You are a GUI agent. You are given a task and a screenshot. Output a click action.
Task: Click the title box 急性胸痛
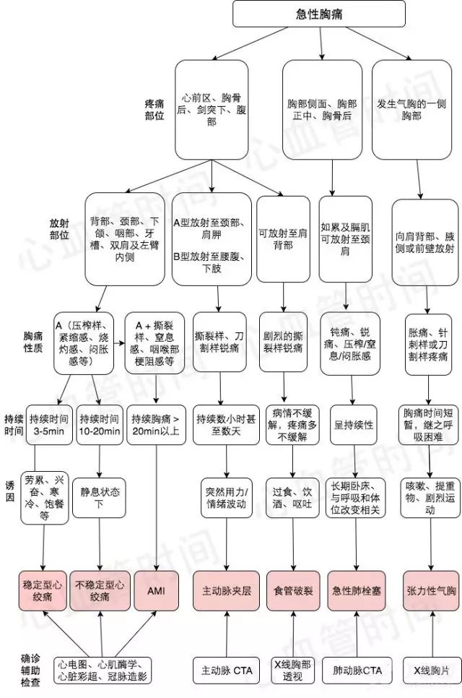[319, 14]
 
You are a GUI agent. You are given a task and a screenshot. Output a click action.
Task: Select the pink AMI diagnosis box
[156, 591]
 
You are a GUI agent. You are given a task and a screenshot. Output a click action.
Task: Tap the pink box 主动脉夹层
[227, 591]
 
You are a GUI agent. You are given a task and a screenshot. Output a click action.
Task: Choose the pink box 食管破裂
[293, 591]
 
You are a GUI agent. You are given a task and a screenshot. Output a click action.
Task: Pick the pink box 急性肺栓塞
[357, 591]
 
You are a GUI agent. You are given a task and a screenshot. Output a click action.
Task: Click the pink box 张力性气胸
[431, 591]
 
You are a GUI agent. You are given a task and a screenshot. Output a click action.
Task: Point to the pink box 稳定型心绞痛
[43, 591]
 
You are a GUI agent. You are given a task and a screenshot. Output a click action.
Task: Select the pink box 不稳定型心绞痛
[100, 591]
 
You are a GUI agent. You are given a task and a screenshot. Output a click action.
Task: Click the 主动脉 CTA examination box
[227, 671]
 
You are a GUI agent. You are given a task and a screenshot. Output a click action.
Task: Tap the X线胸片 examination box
[431, 671]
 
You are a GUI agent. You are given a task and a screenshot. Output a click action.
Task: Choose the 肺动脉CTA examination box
[357, 671]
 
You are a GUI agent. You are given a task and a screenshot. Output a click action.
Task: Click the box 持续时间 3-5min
[49, 425]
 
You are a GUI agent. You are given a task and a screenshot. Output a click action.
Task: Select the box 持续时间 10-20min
[100, 425]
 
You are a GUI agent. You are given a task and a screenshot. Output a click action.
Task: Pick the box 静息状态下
[99, 498]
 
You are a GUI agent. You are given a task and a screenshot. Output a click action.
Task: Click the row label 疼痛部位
[154, 110]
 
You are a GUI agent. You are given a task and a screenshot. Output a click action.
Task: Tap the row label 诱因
[10, 491]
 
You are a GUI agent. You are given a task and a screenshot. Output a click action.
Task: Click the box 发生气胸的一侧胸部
[411, 110]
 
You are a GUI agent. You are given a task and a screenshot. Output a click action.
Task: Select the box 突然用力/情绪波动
[227, 498]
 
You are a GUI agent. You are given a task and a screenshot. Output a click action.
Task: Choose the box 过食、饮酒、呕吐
[292, 498]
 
